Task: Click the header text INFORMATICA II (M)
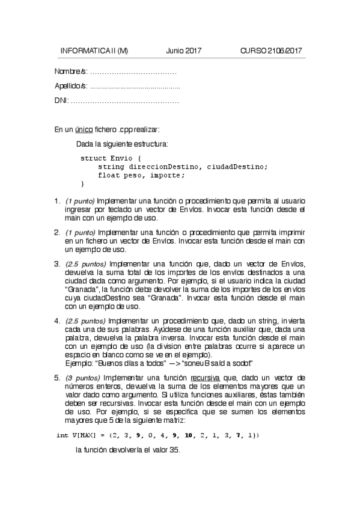pos(94,51)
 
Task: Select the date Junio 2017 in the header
pos(183,51)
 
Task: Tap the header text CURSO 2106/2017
pos(270,51)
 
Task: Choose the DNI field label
pos(61,100)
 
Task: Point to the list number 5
pos(56,377)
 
